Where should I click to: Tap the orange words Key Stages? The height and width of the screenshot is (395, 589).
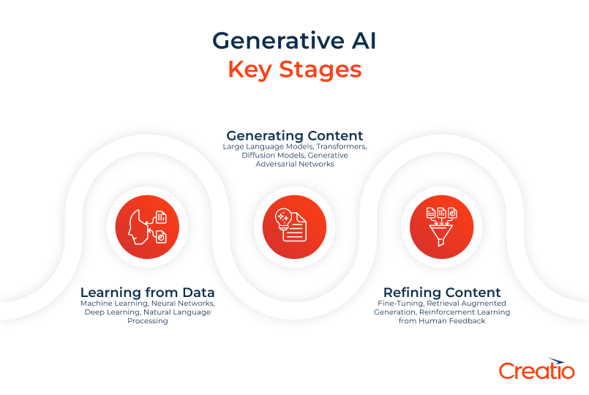(x=294, y=69)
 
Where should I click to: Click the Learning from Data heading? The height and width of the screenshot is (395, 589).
(x=147, y=293)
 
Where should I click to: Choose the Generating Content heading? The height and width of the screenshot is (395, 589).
(x=294, y=136)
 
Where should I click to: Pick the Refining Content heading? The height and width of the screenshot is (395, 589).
(x=442, y=293)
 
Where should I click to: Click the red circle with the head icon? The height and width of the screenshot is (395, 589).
(x=147, y=227)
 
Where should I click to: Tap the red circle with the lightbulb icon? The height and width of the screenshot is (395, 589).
(x=294, y=227)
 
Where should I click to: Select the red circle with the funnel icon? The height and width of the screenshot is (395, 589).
(x=442, y=227)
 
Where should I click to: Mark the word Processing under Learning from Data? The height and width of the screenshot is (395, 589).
(x=147, y=321)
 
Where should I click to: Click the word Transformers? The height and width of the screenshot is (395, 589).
(x=340, y=146)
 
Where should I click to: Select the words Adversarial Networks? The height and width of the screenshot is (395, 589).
(x=294, y=165)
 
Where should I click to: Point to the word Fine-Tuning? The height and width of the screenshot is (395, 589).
(x=397, y=304)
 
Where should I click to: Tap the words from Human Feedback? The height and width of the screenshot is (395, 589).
(x=442, y=321)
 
